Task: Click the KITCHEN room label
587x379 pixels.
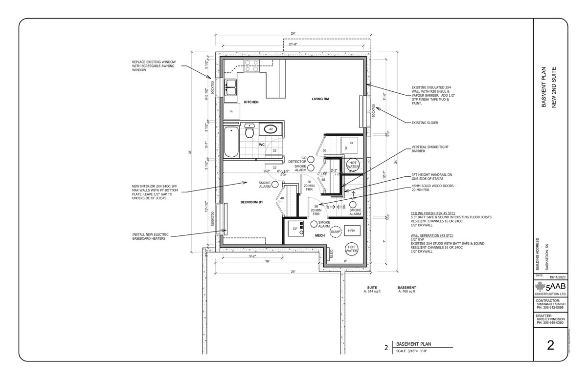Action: click(x=251, y=103)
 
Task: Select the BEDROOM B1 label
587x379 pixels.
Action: click(x=252, y=202)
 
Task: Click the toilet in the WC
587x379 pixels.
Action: click(x=249, y=131)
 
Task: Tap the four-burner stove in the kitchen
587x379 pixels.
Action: click(x=252, y=65)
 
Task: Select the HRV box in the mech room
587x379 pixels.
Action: click(x=351, y=230)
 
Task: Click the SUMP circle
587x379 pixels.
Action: click(x=336, y=232)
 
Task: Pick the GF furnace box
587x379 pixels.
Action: click(x=295, y=228)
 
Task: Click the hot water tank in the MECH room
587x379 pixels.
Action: click(x=351, y=250)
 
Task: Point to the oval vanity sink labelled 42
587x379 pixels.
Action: click(x=270, y=129)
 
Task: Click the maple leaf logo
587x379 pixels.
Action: click(x=541, y=287)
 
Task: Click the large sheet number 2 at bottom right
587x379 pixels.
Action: click(x=550, y=346)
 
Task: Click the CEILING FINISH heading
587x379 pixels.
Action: click(x=431, y=213)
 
